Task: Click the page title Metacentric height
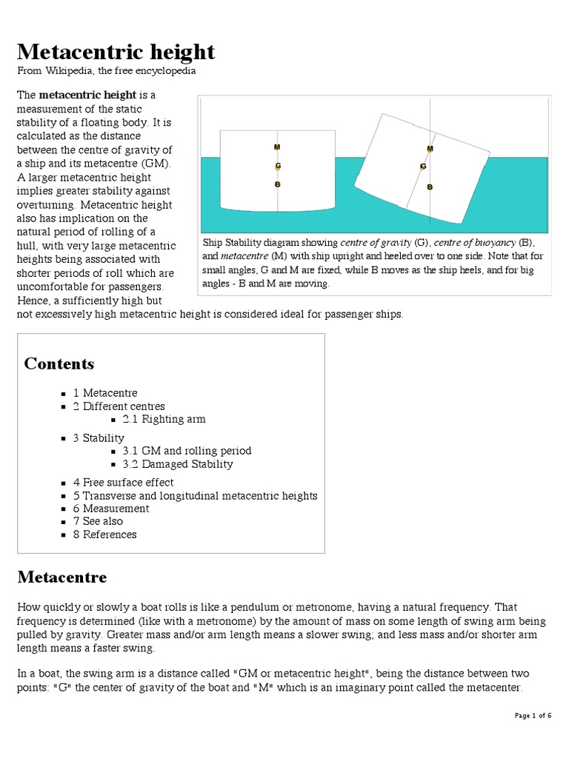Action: [x=116, y=52]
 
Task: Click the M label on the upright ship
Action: [x=277, y=147]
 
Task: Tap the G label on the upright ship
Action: [x=278, y=166]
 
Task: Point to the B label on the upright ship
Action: [x=278, y=184]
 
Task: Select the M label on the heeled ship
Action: [x=430, y=149]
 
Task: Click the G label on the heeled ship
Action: [x=423, y=167]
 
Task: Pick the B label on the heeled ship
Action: [x=429, y=187]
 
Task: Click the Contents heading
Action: [x=59, y=363]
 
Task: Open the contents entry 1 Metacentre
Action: [x=105, y=393]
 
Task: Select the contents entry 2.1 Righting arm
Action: [x=164, y=419]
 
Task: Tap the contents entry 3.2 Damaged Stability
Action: [x=178, y=464]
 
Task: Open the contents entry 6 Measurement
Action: [x=110, y=509]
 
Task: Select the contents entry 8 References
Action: [x=104, y=534]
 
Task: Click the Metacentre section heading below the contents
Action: [x=61, y=577]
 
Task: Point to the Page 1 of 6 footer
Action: [x=533, y=716]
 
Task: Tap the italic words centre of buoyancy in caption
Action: [x=475, y=243]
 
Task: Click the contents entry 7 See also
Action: [x=98, y=521]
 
